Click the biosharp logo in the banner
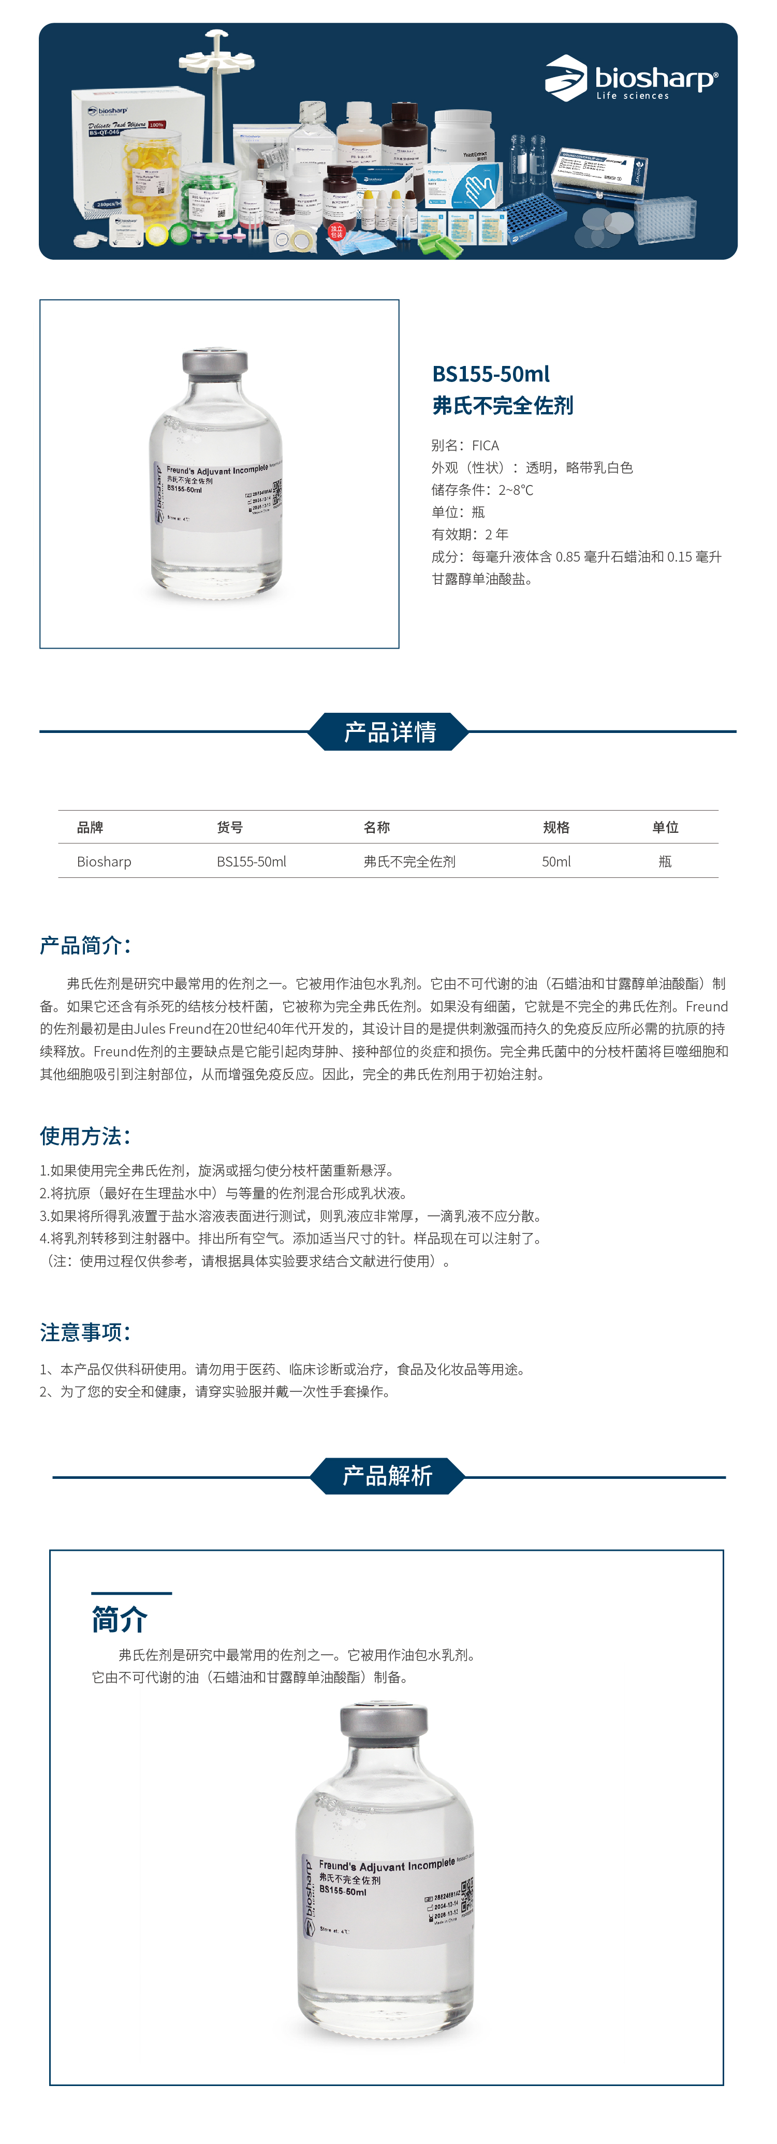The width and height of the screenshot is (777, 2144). [631, 79]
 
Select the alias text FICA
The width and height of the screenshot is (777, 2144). [486, 445]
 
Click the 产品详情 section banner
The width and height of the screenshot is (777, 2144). [388, 731]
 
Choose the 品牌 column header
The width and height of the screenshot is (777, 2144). [90, 827]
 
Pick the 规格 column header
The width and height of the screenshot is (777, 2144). [556, 827]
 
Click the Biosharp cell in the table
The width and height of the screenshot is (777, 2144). [104, 861]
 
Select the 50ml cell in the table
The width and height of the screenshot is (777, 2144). [556, 861]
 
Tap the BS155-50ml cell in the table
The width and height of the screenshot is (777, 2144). [251, 861]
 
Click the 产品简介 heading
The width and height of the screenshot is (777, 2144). [85, 946]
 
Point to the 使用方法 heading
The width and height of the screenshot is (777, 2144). [85, 1136]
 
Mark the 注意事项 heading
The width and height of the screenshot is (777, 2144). [85, 1332]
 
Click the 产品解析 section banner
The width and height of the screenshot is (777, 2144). [388, 1476]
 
